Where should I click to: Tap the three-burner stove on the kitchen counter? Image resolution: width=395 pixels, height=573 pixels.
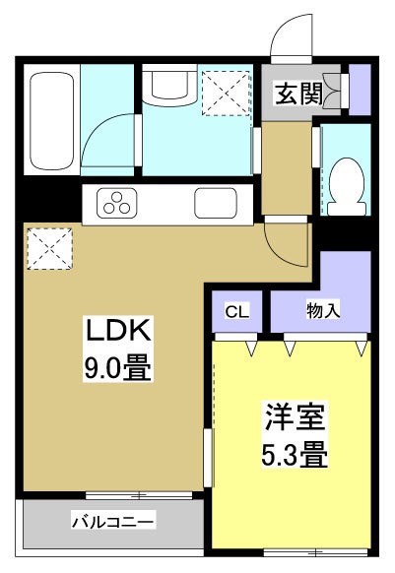coord(116,205)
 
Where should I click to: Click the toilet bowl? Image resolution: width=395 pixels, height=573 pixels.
coord(346,183)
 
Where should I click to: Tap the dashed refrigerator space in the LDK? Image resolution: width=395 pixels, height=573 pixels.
coord(49,246)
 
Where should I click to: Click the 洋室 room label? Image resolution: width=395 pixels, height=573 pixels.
coord(287,417)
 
